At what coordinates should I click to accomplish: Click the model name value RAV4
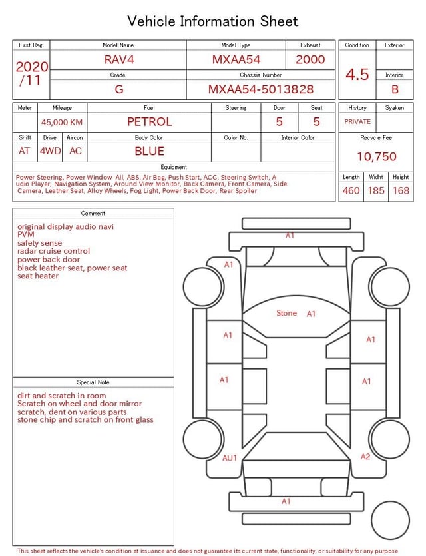click(119, 59)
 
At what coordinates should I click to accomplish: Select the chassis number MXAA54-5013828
click(261, 89)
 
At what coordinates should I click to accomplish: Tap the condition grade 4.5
click(357, 74)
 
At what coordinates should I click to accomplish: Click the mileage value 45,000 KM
click(62, 122)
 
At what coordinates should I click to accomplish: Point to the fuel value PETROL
click(150, 122)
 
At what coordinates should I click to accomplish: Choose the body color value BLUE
click(150, 151)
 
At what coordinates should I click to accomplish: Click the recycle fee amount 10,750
click(376, 156)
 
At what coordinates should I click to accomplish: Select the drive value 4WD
click(50, 151)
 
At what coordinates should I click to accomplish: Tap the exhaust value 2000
click(310, 59)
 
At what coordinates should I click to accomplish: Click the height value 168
click(401, 190)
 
